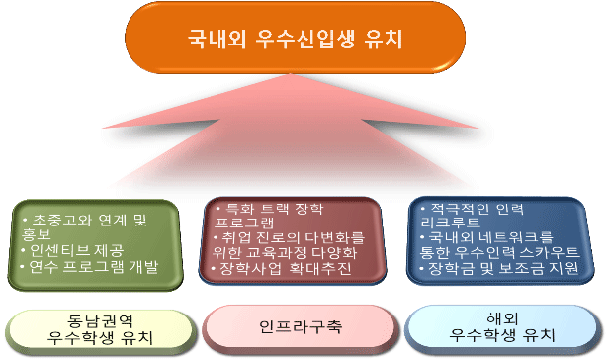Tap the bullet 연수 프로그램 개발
tap(94, 267)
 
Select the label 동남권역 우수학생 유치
tap(96, 329)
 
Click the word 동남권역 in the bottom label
tap(96, 320)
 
